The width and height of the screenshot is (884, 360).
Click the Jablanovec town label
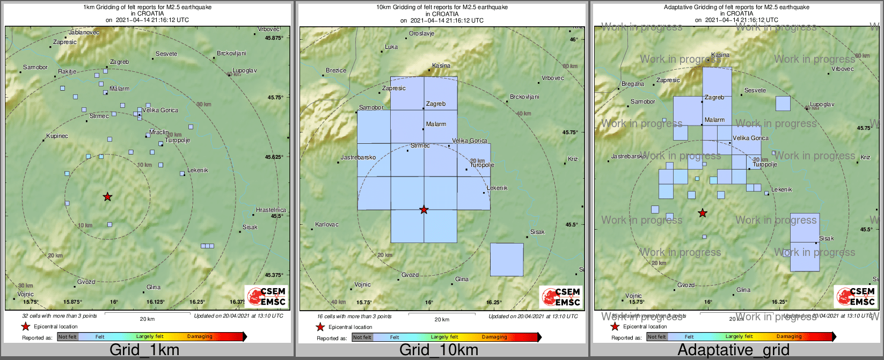point(84,32)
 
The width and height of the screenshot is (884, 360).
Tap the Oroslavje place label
point(421,33)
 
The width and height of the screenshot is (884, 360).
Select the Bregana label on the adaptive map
point(632,84)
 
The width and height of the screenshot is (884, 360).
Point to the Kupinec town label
point(57,136)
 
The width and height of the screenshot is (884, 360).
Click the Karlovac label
point(326,224)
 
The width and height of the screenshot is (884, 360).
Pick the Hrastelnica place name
point(271,210)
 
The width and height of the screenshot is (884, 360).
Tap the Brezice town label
point(336,70)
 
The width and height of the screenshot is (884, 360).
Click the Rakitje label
point(67,72)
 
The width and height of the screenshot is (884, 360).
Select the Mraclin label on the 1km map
point(158,132)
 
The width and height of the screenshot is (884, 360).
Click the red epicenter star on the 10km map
point(424,210)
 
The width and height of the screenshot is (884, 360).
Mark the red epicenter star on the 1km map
point(107,197)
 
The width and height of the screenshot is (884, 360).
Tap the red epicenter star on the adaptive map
point(702,213)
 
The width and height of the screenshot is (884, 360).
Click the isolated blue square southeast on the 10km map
point(507,260)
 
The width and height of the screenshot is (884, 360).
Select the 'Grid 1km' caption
point(144,350)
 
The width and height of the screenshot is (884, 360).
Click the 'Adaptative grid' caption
point(733,350)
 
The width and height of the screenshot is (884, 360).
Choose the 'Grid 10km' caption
point(439,350)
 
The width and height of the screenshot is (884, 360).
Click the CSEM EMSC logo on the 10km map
point(560,297)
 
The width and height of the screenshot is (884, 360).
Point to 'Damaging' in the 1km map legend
point(200,337)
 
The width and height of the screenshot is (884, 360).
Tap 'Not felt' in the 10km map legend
point(362,337)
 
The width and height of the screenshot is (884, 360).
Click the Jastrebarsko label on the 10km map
point(358,158)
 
